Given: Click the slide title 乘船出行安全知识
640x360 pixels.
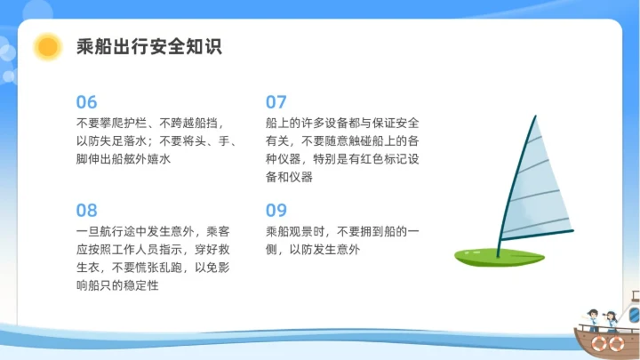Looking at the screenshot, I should pos(148,46).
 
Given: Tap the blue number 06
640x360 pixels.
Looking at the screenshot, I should pos(86,101).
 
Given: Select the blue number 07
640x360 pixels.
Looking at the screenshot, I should pos(276,101).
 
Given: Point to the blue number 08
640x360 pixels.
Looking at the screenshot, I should pos(86,211).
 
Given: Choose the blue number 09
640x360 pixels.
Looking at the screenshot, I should pos(276,211).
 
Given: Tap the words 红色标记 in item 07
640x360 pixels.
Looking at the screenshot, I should pos(374,158).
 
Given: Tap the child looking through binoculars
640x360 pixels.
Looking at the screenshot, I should pos(611,319).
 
